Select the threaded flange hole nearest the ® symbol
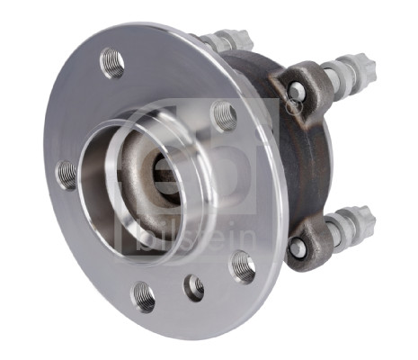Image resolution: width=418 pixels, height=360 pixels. (x=224, y=115)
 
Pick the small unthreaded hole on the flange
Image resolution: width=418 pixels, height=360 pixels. (x=194, y=287)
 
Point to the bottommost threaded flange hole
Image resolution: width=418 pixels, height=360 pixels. (x=144, y=295)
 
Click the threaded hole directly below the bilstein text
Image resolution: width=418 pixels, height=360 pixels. (x=243, y=265)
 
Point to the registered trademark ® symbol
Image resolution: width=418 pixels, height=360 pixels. (x=292, y=107)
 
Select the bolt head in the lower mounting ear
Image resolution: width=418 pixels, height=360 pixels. (x=296, y=247)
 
